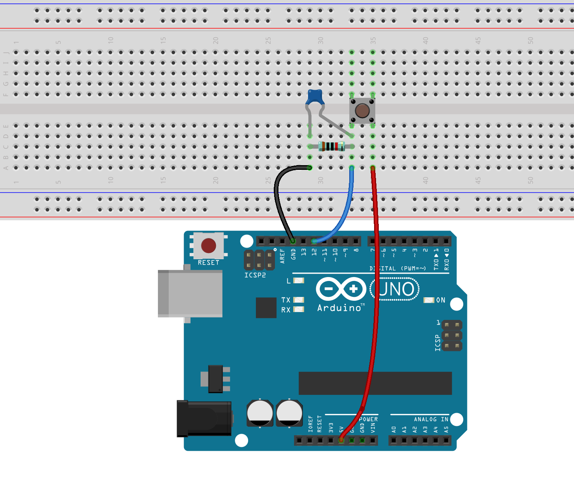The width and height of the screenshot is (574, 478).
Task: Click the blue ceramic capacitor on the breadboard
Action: [315, 97]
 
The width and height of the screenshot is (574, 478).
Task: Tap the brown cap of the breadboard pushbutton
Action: [362, 111]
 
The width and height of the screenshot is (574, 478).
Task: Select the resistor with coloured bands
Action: [331, 147]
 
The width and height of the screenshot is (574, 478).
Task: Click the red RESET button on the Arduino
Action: [208, 246]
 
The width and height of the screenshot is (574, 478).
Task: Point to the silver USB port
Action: [191, 294]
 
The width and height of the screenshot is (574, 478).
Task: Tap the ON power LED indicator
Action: [429, 300]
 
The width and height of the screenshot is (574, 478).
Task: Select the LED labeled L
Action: [298, 281]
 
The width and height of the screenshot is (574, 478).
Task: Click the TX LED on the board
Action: [298, 300]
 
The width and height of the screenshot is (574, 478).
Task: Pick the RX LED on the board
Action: [298, 309]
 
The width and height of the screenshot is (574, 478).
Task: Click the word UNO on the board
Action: [396, 289]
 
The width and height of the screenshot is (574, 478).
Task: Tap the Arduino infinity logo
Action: [341, 289]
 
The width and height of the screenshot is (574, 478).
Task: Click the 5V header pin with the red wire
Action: [341, 440]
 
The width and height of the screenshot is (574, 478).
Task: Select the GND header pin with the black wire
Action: [293, 241]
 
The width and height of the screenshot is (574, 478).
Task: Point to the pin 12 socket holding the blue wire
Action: [314, 241]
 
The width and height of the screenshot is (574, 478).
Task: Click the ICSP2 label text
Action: [255, 275]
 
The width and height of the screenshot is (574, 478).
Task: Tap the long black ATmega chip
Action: [375, 383]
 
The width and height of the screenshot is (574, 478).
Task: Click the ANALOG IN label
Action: [431, 419]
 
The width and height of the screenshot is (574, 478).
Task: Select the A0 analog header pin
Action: [394, 440]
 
